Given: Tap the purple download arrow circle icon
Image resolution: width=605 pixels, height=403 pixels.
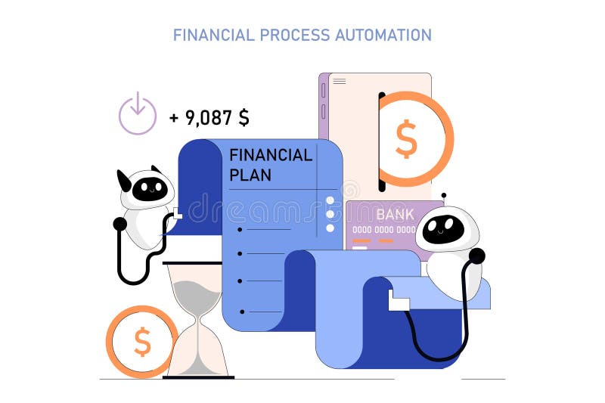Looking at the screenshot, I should tap(137, 114).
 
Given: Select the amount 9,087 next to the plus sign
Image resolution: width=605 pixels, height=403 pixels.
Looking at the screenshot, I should tap(209, 117).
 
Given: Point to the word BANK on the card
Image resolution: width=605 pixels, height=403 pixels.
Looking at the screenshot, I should tap(395, 214).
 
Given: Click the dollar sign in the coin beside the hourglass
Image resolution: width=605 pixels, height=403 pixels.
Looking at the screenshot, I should tap(141, 342).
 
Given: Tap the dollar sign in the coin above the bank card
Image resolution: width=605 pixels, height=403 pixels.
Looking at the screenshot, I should tap(406, 139).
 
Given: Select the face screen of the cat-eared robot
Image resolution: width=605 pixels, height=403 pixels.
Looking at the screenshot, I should tap(150, 189).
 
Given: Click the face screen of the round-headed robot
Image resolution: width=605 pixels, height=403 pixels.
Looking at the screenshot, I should tap(443, 229).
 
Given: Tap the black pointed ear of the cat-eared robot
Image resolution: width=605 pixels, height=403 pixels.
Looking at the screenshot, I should tap(124, 180).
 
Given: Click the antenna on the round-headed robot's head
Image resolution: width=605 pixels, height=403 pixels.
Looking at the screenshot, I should tap(443, 196).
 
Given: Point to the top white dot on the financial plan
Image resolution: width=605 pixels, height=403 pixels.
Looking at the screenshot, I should tap(330, 201).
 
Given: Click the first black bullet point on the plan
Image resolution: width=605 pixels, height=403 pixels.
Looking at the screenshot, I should tap(240, 228).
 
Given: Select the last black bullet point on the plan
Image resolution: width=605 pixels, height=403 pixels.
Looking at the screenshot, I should tap(242, 311).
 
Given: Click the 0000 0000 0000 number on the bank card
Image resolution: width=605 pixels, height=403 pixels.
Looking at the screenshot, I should tap(383, 230).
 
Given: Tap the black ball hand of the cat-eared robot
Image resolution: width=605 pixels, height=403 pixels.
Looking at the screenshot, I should tap(119, 223).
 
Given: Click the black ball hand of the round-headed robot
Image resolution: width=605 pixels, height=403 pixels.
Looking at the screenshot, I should tap(476, 256).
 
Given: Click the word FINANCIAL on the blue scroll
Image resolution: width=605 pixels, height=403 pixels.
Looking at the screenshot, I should tap(270, 155).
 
